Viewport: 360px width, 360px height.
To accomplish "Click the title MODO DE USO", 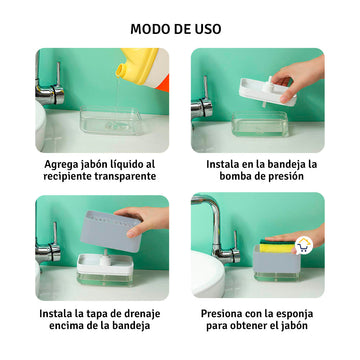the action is point(176,29).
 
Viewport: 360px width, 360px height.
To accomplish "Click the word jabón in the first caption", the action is point(94,165).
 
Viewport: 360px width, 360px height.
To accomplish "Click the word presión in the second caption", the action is point(286,177).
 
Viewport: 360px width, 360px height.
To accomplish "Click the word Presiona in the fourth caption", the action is point(221,314).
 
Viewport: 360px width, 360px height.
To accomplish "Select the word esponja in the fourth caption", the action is point(294,314).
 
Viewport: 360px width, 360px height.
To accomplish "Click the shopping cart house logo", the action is point(304,246).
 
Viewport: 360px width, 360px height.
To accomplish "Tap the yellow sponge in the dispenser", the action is point(277,247).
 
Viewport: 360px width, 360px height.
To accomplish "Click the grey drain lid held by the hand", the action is point(111,231).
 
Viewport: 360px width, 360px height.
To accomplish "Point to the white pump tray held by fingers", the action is point(267,92).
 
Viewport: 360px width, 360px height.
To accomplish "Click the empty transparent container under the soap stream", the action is point(111,120).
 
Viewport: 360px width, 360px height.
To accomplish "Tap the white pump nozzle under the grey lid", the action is point(106,258).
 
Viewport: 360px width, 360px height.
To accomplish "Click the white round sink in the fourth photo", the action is point(207,274).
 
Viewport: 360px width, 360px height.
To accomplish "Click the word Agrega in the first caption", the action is point(60,165).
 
